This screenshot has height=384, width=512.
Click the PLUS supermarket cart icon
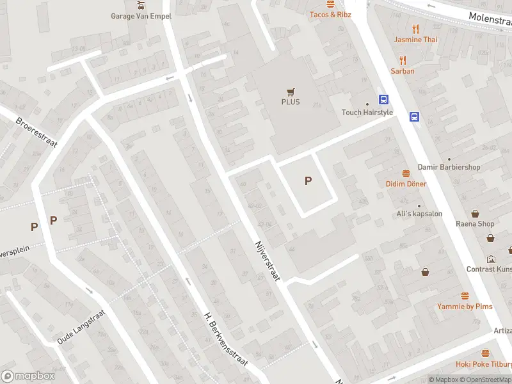point(291,92)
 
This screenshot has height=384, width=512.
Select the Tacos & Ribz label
point(330,14)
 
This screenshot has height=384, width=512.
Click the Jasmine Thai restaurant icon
point(415,28)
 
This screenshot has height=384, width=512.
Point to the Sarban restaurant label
point(403,71)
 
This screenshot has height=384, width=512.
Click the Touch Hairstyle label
point(367,113)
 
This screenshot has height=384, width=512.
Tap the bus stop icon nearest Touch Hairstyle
point(384,99)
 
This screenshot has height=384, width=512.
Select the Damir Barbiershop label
point(449,167)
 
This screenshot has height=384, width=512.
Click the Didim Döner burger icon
point(406,173)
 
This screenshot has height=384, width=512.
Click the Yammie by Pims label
point(465,307)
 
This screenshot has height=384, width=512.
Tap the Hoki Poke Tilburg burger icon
point(485,353)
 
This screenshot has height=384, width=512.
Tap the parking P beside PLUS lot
point(308,181)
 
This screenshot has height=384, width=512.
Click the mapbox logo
point(28,376)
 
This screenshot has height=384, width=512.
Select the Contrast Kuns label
point(489,269)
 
